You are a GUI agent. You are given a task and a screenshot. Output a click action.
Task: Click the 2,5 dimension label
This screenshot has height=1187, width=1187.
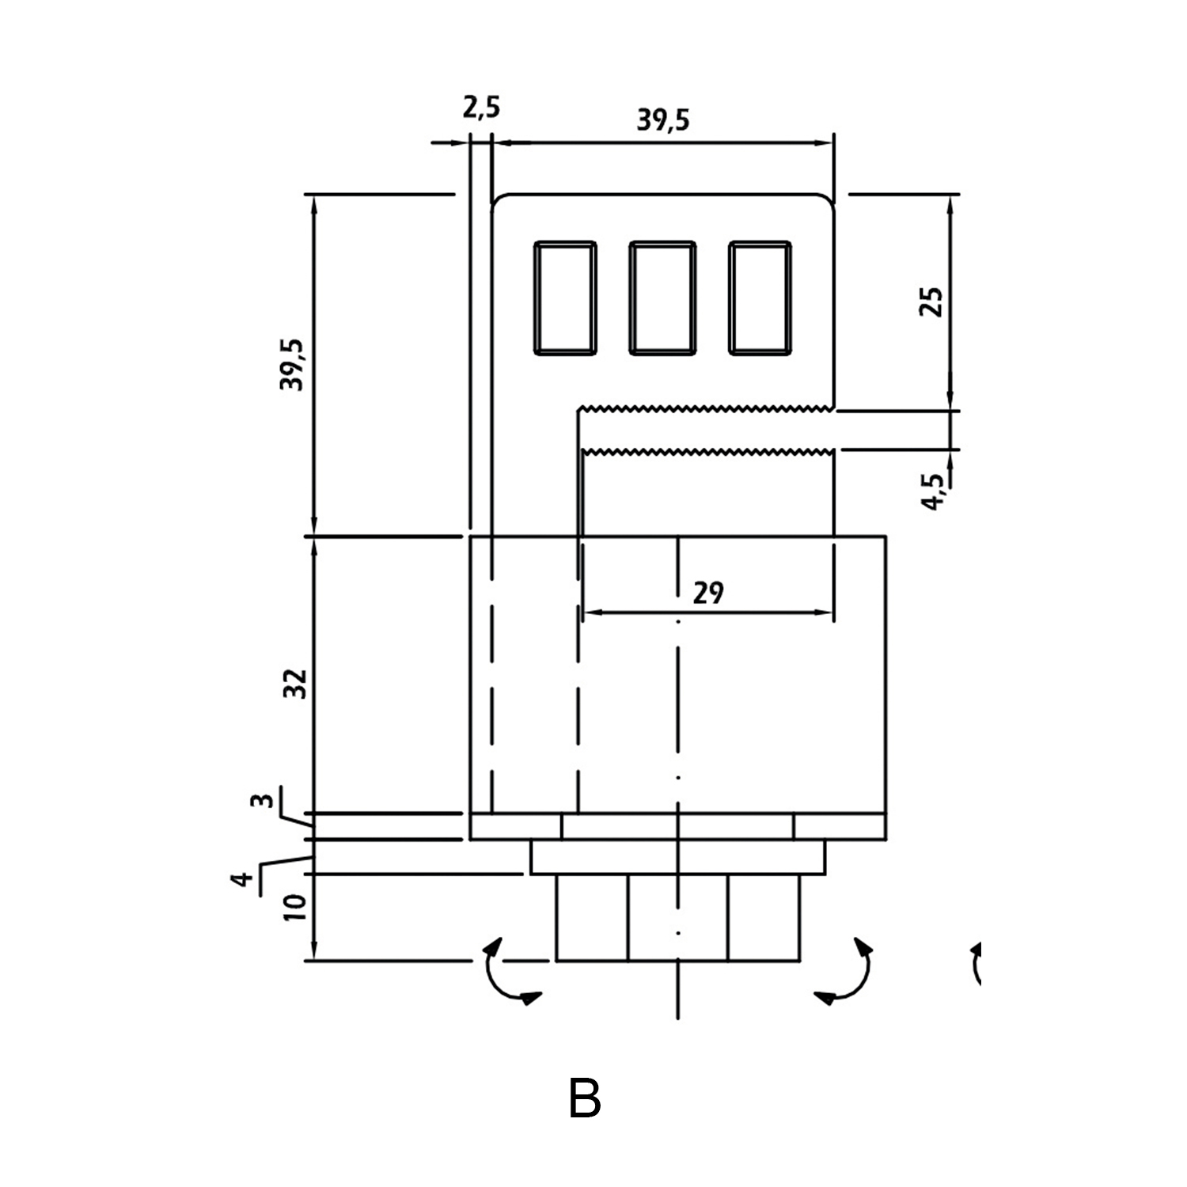click(x=481, y=106)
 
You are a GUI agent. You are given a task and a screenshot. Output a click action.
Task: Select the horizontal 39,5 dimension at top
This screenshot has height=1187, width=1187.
click(x=663, y=119)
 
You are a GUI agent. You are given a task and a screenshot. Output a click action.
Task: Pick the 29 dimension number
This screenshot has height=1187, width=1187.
click(x=707, y=593)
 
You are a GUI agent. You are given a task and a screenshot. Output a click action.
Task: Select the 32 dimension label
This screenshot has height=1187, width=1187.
click(x=294, y=683)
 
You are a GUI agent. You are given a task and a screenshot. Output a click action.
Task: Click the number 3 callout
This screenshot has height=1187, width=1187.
click(x=264, y=800)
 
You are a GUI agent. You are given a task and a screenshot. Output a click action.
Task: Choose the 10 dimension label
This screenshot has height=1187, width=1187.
click(x=294, y=907)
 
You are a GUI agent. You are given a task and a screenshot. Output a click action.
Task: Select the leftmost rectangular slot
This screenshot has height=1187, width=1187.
click(x=565, y=298)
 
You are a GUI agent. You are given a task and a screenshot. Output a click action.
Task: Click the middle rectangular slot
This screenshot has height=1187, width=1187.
click(x=662, y=298)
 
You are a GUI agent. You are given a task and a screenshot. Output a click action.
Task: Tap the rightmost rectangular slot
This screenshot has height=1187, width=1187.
click(x=760, y=298)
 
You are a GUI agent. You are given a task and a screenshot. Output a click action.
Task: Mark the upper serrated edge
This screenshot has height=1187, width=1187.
click(x=704, y=409)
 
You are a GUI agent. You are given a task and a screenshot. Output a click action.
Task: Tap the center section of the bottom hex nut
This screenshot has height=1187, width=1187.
click(x=677, y=917)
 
